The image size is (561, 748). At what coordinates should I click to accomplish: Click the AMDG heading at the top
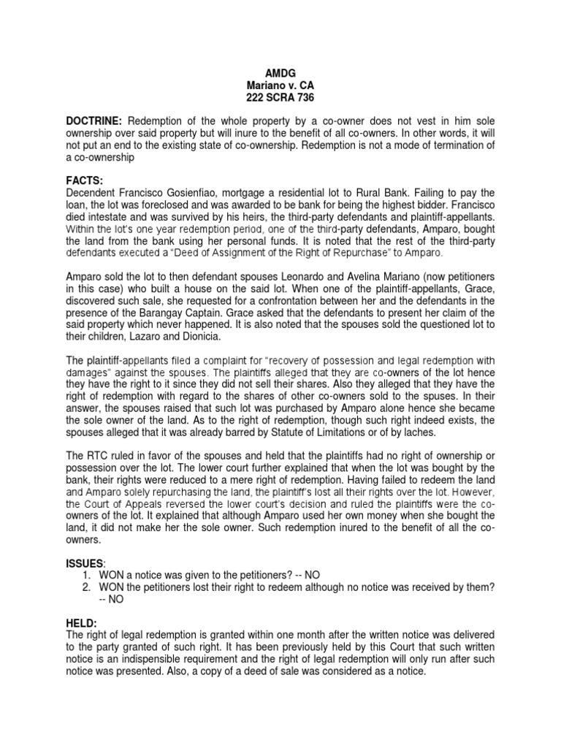point(281,73)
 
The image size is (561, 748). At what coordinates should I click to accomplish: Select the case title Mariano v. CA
point(281,85)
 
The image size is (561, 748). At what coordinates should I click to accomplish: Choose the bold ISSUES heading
point(85,563)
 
